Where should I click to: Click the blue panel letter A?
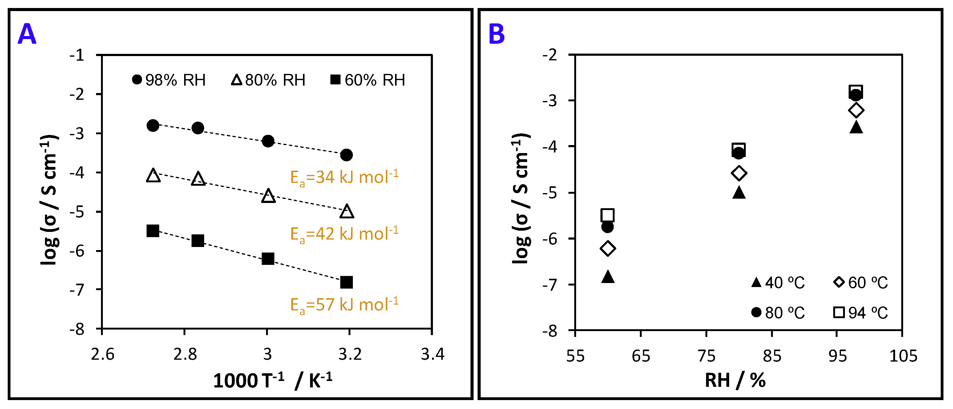[27, 34]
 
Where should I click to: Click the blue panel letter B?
[496, 34]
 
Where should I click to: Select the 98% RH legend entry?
[169, 80]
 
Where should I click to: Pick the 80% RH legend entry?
[268, 80]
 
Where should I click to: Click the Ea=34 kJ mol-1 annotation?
[344, 177]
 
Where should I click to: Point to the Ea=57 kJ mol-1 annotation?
[344, 305]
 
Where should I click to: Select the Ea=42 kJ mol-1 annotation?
[344, 234]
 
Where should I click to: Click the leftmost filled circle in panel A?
[153, 125]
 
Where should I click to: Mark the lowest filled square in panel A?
[346, 282]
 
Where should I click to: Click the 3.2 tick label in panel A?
[349, 354]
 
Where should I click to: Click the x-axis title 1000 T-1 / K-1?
[273, 380]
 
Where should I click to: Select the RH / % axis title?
[735, 380]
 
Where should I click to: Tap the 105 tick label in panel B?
[903, 356]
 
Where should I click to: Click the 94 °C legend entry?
[861, 313]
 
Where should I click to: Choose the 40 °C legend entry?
[778, 283]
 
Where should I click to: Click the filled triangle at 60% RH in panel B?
[608, 277]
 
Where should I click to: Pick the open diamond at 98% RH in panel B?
[856, 110]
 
